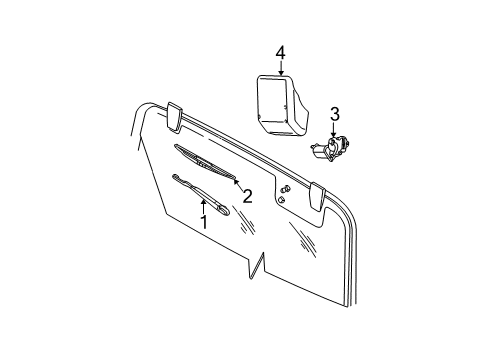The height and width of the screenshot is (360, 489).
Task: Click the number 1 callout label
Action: pyautogui.click(x=203, y=221)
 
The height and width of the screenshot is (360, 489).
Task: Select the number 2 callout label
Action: pyautogui.click(x=247, y=196)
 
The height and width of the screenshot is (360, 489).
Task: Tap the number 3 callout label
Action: pyautogui.click(x=336, y=115)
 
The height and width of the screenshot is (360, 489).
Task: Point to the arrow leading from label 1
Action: pyautogui.click(x=203, y=206)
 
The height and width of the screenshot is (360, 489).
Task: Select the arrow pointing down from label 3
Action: pyautogui.click(x=336, y=130)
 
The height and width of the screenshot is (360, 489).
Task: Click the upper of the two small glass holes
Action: pyautogui.click(x=287, y=189)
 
